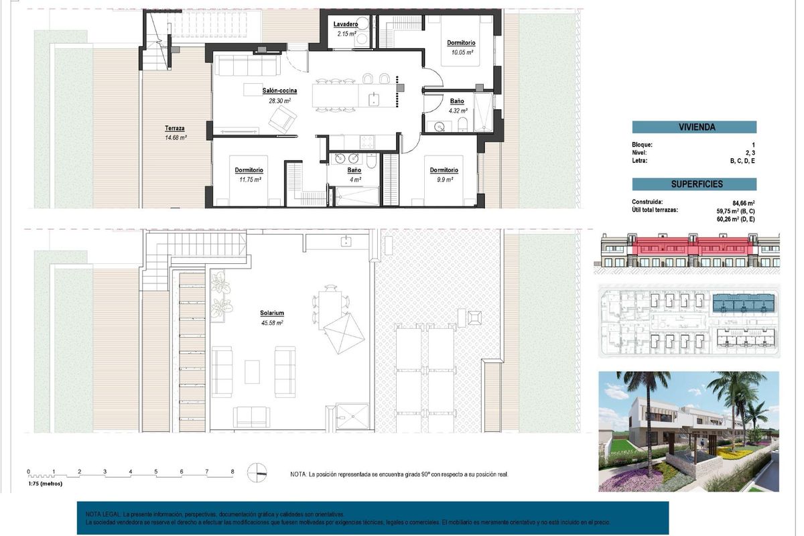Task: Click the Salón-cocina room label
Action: tap(279, 90)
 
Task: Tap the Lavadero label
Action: tap(346, 25)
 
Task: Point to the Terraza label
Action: tap(175, 128)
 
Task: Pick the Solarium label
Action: tap(272, 313)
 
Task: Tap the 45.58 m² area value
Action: tap(272, 322)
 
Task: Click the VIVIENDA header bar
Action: tap(693, 127)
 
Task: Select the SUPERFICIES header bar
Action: tap(693, 184)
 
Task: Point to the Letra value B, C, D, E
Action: tap(742, 161)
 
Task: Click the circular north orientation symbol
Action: tap(257, 472)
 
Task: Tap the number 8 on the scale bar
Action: tap(232, 472)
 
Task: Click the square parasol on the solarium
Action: tap(343, 332)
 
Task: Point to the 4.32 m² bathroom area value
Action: tap(458, 111)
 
